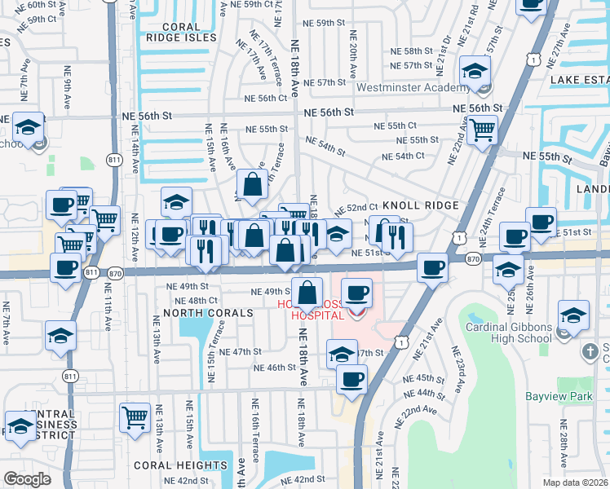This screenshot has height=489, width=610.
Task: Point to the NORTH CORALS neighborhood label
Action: pyautogui.click(x=201, y=312)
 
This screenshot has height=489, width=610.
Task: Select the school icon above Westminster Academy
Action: pyautogui.click(x=475, y=71)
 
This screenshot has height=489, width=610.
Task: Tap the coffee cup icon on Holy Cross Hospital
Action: pyautogui.click(x=356, y=292)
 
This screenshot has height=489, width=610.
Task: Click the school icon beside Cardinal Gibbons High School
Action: pyautogui.click(x=573, y=315)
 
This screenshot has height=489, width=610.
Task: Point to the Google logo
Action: pyautogui.click(x=26, y=478)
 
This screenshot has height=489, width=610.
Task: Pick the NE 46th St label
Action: pyautogui.click(x=276, y=368)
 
